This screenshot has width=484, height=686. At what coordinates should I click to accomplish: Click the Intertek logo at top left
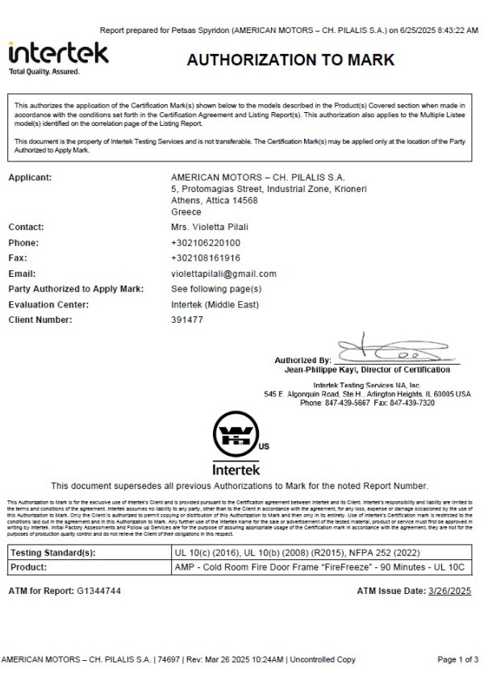point(58,54)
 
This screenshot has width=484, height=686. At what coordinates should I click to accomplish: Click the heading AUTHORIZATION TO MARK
point(290,60)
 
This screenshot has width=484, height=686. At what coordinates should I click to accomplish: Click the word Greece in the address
point(186,211)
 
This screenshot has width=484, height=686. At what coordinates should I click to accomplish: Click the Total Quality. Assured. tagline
point(44,72)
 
